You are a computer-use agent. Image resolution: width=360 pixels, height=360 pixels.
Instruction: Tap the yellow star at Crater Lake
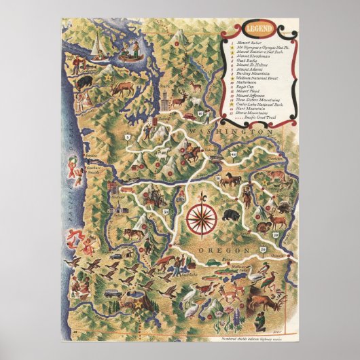pyautogui.click(x=140, y=305)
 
